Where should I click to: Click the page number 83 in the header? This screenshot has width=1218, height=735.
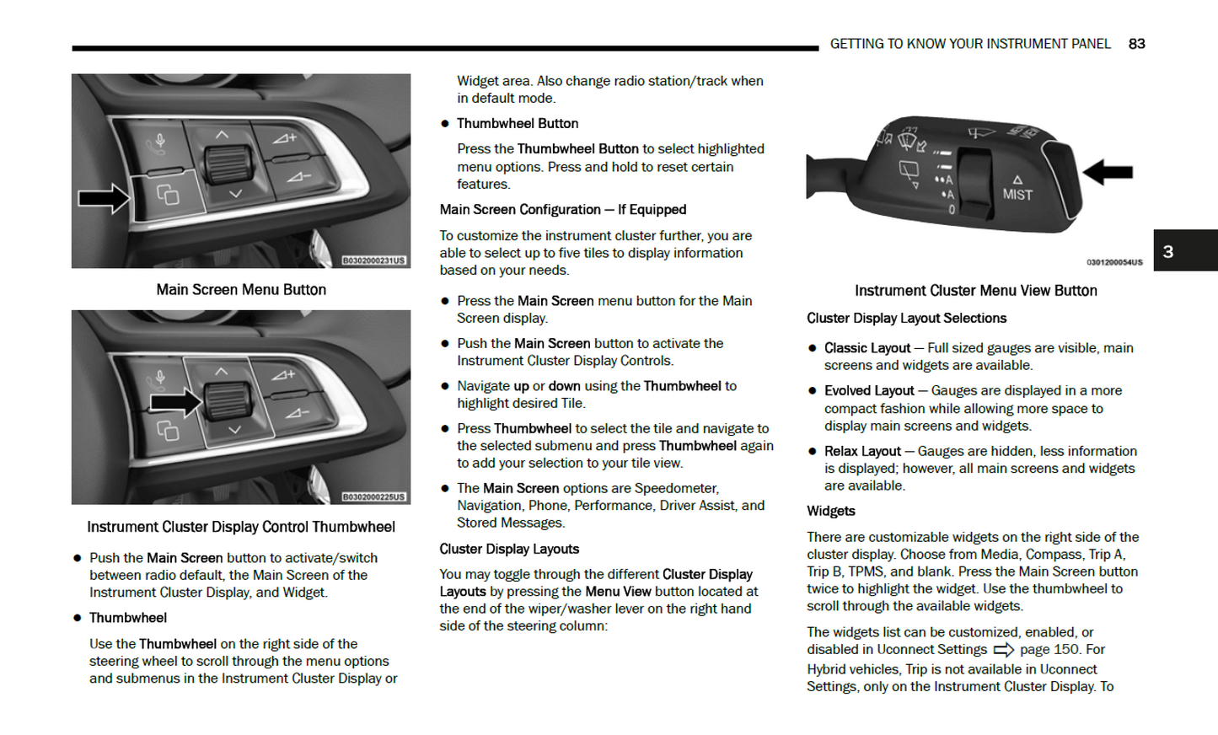[x=1136, y=44]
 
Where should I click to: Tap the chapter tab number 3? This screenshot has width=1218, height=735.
[x=1168, y=251]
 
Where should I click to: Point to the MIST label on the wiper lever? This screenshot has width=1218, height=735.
[x=1017, y=194]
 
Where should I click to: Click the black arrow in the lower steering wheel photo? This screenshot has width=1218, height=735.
[x=175, y=402]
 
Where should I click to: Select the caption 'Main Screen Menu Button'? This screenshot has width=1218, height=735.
[x=241, y=290]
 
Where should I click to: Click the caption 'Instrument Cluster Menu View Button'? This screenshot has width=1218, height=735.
[x=975, y=291]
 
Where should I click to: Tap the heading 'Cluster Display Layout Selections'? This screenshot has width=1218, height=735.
[x=906, y=318]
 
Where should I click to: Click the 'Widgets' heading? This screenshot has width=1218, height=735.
[x=830, y=511]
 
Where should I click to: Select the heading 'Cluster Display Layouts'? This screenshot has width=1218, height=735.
[x=509, y=549]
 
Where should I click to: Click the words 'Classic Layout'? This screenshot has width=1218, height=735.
[x=867, y=348]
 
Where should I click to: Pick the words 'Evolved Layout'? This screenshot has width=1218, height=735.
[x=868, y=390]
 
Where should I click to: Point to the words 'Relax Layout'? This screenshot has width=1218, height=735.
[x=862, y=451]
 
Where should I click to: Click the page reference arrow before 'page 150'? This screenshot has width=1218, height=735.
[x=1003, y=650]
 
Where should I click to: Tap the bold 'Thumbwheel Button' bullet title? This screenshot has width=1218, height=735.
[x=517, y=123]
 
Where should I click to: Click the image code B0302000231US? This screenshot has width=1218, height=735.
[x=373, y=260]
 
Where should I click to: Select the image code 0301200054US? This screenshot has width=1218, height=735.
[x=1113, y=262]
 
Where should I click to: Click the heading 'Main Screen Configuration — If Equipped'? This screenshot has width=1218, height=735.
[x=562, y=209]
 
